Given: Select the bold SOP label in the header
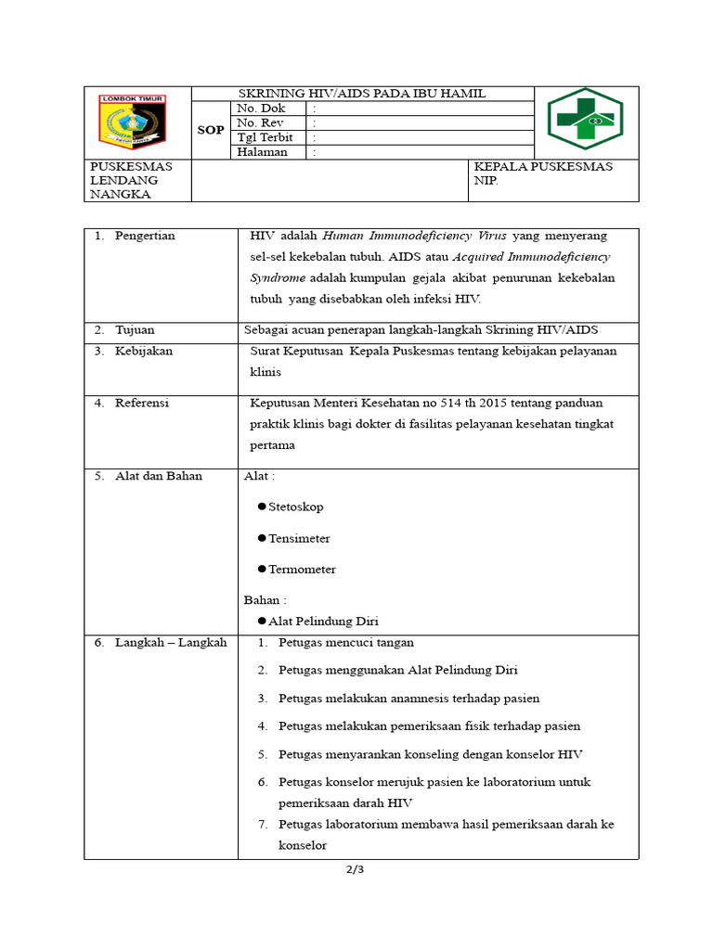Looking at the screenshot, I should coord(211,130).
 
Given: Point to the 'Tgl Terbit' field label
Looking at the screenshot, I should coord(265,137).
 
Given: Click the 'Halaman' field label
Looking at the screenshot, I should coord(262,152).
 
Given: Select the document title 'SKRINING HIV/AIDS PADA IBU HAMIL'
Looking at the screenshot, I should coord(362,94).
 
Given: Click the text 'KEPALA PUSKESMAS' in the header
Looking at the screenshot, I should coord(543,167).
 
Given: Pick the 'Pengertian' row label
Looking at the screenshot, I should coord(145,236).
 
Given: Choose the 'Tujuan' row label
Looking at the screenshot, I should coord(135,329).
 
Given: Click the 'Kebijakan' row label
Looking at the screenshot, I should coord(144,352).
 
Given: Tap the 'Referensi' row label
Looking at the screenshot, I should coord(142,403).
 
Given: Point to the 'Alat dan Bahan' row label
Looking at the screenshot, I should coord(159,476).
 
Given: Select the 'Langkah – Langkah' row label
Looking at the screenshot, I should coord(170,642).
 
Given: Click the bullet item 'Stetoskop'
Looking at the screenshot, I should coord(295,507).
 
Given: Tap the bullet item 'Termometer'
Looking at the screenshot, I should coord(302,570).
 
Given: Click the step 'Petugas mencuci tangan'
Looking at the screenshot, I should coord(345,643).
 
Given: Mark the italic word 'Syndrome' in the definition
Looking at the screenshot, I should coord(278,278).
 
